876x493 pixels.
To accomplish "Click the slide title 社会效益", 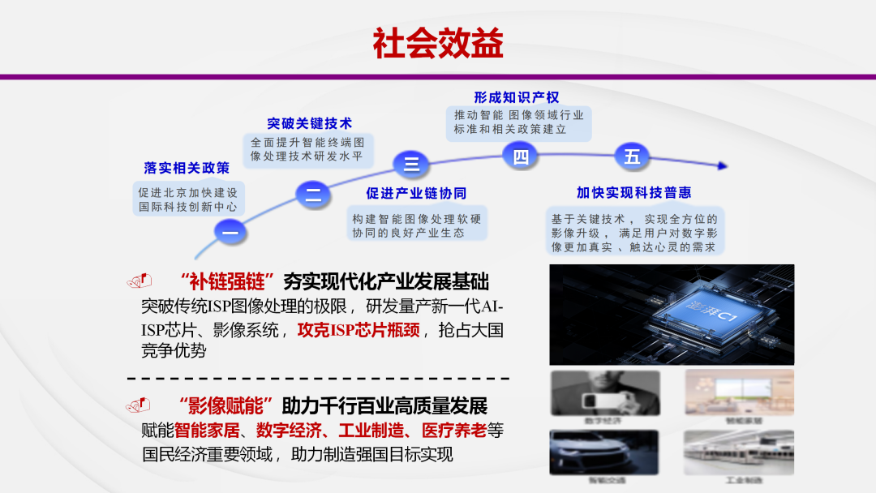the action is [x=438, y=43].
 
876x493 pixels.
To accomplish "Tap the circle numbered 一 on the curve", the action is [x=230, y=233].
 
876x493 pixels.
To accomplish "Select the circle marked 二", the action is [x=313, y=194].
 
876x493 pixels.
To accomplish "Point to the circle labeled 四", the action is [x=521, y=156].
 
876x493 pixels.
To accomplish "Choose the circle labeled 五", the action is [x=632, y=156].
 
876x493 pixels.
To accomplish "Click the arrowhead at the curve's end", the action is [x=721, y=165].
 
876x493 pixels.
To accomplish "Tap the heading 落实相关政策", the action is [x=187, y=168].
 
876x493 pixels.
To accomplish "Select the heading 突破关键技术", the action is [x=310, y=123].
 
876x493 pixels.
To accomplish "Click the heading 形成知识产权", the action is [x=517, y=97].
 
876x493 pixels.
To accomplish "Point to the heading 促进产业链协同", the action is [x=417, y=193].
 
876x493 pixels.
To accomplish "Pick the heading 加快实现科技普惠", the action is [x=634, y=193].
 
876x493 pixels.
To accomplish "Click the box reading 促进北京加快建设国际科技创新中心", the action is [x=187, y=199].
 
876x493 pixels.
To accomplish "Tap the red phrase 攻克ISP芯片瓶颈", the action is [x=359, y=330].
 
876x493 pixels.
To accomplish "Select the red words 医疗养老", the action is [x=457, y=431].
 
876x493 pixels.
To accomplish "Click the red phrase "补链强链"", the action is [x=228, y=282].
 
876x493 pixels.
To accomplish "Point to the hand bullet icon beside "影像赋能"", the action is [x=140, y=404].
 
